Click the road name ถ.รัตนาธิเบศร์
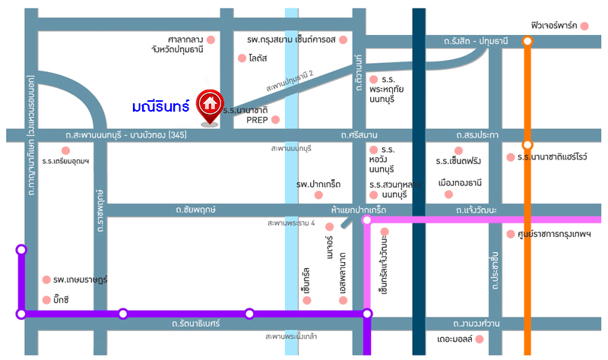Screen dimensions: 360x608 [x=196, y=324]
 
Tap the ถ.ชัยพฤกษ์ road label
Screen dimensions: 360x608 [x=195, y=208]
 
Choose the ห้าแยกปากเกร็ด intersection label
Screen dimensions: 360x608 [x=359, y=208]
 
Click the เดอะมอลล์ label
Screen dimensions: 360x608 [x=461, y=339]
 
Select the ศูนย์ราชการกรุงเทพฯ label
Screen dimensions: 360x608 [x=558, y=234]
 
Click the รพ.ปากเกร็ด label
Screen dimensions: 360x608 [x=318, y=185]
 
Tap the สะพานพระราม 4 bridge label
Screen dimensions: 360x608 [x=291, y=223]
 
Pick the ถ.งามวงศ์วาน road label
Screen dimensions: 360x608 [x=477, y=323]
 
